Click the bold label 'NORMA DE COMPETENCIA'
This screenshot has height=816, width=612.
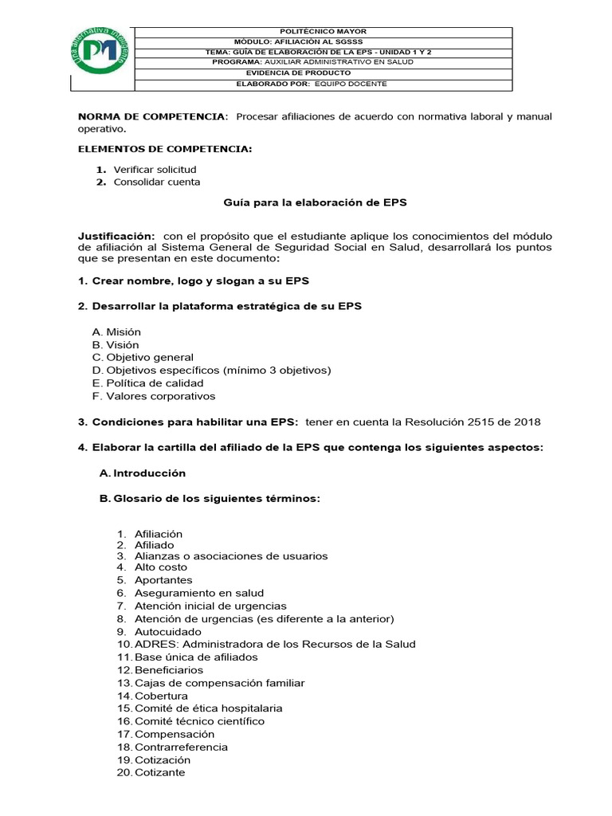tap(151, 116)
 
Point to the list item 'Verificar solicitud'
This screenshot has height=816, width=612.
tap(155, 170)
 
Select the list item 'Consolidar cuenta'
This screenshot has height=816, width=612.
tap(157, 182)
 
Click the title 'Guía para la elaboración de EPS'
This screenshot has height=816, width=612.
tap(314, 202)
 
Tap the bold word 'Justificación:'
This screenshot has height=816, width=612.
tap(116, 237)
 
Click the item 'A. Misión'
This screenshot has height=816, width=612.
tap(116, 331)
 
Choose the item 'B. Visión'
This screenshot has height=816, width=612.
tap(116, 345)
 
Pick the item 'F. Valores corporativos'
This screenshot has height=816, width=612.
tap(154, 396)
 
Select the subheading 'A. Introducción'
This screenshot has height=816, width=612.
tap(143, 473)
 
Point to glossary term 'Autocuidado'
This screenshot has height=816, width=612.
tap(168, 631)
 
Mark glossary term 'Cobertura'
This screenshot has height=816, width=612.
tap(161, 696)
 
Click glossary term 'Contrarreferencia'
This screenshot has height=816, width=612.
tap(181, 747)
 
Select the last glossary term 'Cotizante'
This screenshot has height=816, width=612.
tap(159, 772)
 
